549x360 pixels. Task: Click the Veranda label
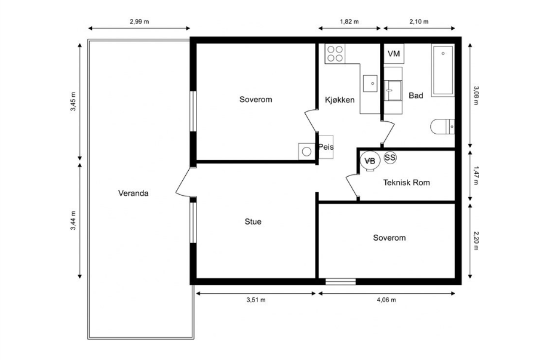pyautogui.click(x=133, y=193)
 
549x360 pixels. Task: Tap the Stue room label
pyautogui.click(x=253, y=221)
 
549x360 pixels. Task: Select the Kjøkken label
pyautogui.click(x=340, y=100)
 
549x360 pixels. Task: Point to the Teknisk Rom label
pyautogui.click(x=406, y=183)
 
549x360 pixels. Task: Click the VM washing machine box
pyautogui.click(x=394, y=54)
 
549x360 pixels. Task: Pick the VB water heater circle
pyautogui.click(x=370, y=161)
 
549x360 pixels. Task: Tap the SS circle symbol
pyautogui.click(x=390, y=158)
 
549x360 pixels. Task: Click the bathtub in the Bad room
pyautogui.click(x=443, y=70)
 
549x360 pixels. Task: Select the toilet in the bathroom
pyautogui.click(x=443, y=127)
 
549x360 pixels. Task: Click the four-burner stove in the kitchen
pyautogui.click(x=335, y=54)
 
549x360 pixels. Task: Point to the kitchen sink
pyautogui.click(x=370, y=83)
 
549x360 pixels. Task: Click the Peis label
pyautogui.click(x=326, y=147)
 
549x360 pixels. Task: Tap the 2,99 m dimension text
pyautogui.click(x=139, y=21)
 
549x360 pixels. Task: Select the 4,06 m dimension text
pyautogui.click(x=387, y=300)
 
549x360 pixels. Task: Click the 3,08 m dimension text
pyautogui.click(x=476, y=95)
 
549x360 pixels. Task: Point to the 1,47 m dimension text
pyautogui.click(x=476, y=176)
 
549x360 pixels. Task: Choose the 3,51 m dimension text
pyautogui.click(x=256, y=300)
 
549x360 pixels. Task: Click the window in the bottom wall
pyautogui.click(x=341, y=282)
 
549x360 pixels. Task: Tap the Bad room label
pyautogui.click(x=416, y=96)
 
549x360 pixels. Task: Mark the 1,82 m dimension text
pyautogui.click(x=349, y=21)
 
